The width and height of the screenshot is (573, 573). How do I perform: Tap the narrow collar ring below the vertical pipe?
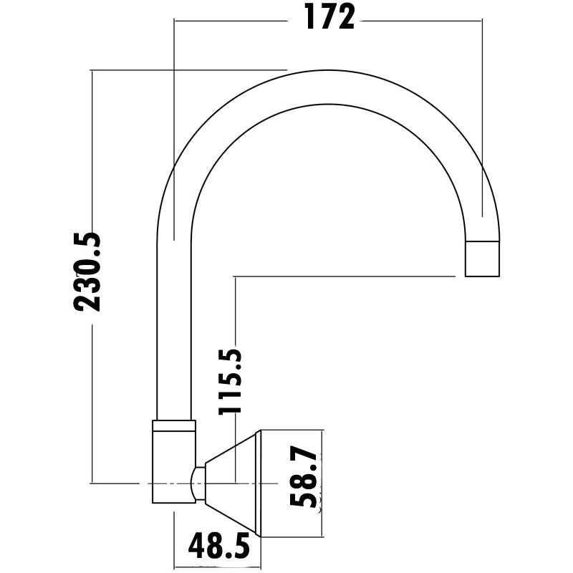coord(173,425)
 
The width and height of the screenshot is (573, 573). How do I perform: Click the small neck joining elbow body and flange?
coord(198,483)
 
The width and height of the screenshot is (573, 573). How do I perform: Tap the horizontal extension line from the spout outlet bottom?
coord(344,275)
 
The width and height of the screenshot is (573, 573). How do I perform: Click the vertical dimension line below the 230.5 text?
coord(92,401)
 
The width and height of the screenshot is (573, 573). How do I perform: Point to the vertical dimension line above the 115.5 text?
coord(235,308)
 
